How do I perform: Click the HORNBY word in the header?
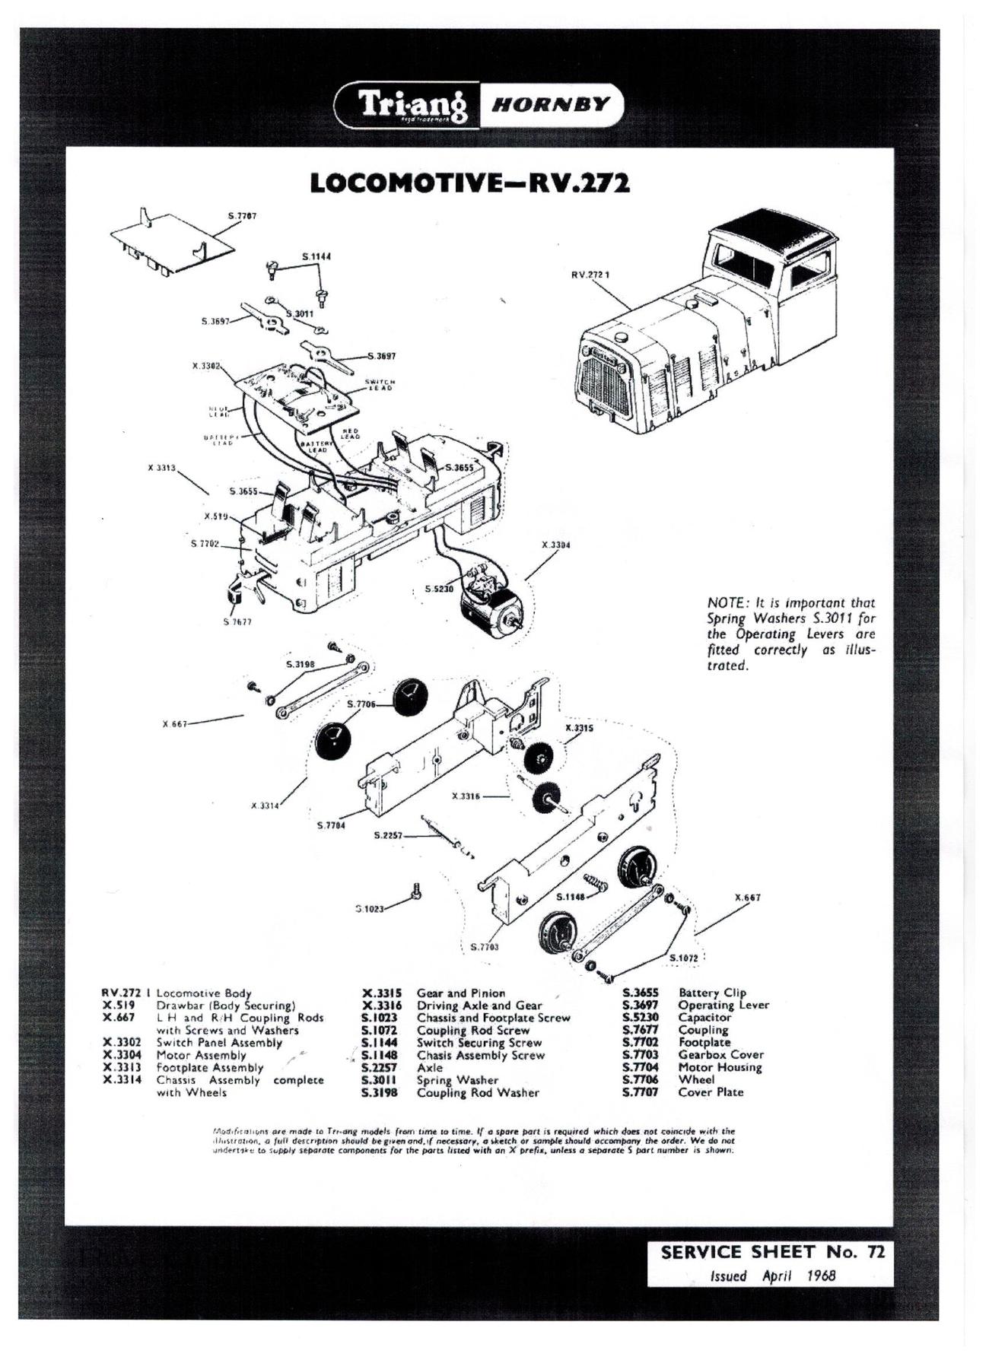(x=551, y=106)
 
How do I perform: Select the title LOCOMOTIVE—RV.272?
(x=470, y=183)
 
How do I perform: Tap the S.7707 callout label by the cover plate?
(x=243, y=216)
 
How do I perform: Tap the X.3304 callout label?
(x=556, y=545)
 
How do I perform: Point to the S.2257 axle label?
(x=388, y=834)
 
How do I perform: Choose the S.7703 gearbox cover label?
(x=484, y=947)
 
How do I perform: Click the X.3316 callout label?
(x=466, y=796)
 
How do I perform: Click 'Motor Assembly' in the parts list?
(x=201, y=1055)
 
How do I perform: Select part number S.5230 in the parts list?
(x=640, y=1017)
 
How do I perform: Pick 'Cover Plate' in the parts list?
(x=711, y=1091)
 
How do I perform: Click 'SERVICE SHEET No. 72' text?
(x=772, y=1252)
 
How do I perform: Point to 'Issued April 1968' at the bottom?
(x=772, y=1276)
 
